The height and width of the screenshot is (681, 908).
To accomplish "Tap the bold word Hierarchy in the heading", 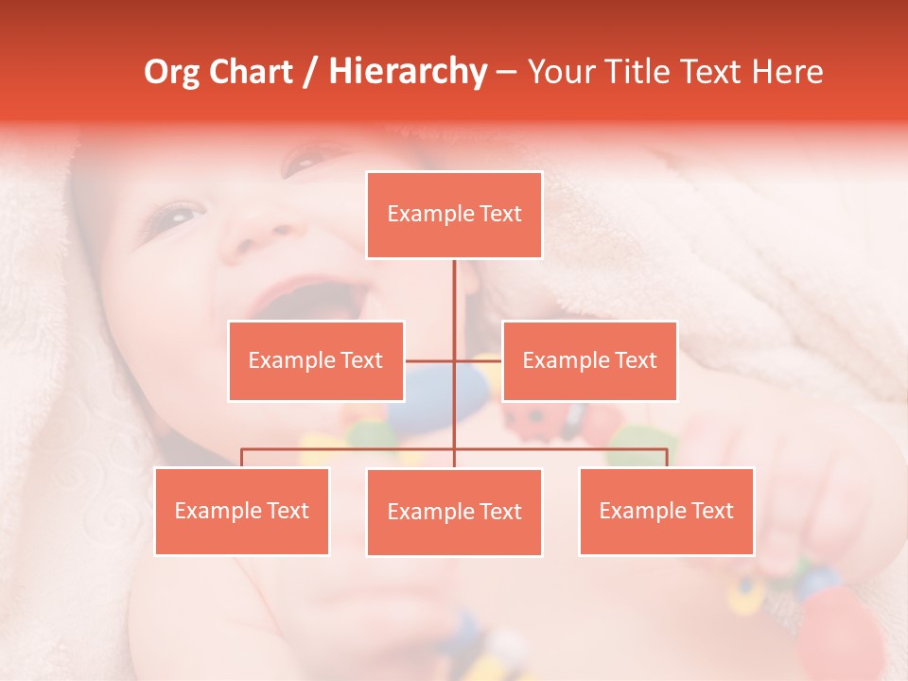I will [407, 73].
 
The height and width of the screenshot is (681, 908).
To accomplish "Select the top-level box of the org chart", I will [454, 215].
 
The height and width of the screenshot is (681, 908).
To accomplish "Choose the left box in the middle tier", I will [316, 361].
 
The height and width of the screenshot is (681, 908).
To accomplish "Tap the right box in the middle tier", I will [589, 361].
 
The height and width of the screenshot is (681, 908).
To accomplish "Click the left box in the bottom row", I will [242, 512].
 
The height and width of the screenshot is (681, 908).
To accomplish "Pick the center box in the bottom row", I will [454, 513].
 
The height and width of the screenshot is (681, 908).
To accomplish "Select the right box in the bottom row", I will [666, 512].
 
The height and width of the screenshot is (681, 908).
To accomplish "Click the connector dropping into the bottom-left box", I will [242, 458].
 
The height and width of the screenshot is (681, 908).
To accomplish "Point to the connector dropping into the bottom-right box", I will [667, 458].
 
